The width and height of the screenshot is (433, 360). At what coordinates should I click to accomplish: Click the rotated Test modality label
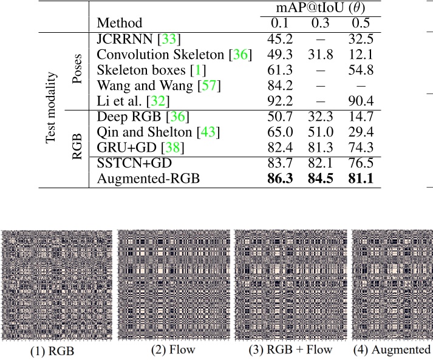coord(53,109)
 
